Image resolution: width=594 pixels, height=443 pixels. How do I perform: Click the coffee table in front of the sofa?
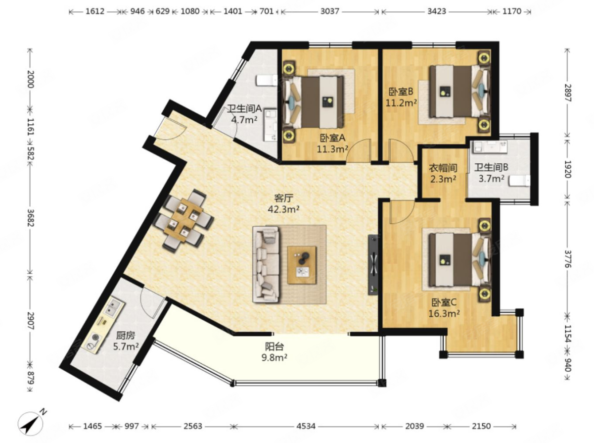[302, 265]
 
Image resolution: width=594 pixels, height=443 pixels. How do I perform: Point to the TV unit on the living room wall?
[373, 264]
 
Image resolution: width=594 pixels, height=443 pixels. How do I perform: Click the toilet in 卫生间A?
[267, 80]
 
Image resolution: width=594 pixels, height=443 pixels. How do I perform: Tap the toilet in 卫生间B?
[519, 181]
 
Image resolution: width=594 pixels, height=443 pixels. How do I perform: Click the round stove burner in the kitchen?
[95, 338]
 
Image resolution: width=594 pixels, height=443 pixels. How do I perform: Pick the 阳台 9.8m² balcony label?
[274, 352]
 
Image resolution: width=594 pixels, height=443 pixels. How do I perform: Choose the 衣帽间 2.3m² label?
[443, 173]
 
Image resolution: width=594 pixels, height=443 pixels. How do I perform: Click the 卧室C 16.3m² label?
[444, 307]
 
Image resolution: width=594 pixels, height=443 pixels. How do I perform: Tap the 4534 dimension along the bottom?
[306, 427]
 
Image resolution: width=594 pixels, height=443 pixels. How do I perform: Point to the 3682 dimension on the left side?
[30, 218]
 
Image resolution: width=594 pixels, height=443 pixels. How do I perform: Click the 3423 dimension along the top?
[437, 11]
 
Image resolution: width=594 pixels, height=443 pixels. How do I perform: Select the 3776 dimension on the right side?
[567, 259]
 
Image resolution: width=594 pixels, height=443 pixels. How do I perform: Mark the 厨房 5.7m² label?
[126, 341]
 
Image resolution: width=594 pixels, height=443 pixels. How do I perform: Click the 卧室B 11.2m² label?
[401, 98]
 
